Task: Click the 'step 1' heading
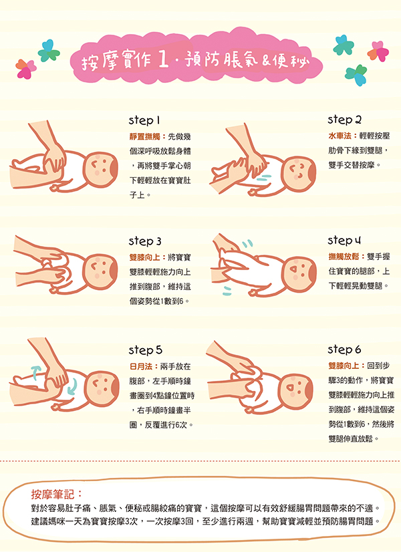point(144,120)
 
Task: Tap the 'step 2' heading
point(344,120)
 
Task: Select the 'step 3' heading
point(145,241)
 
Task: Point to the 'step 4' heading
point(344,241)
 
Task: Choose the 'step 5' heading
point(146,350)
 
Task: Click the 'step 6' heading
point(344,350)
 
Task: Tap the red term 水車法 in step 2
point(340,136)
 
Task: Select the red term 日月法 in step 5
point(141,366)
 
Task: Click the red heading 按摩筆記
point(53,495)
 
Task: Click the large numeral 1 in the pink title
point(162,60)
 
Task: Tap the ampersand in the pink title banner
point(266,61)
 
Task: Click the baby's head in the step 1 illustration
point(100,168)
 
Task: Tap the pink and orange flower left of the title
point(25,69)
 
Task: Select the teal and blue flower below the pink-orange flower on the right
point(356,75)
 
